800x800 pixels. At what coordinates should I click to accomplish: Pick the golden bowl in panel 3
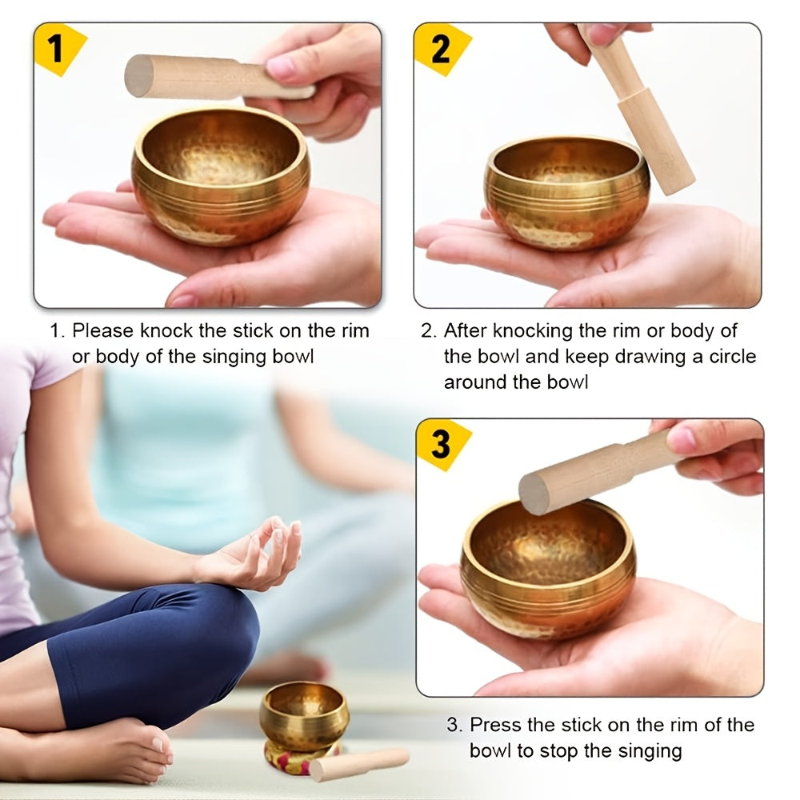[x=548, y=568]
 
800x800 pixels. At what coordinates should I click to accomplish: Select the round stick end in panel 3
[x=534, y=494]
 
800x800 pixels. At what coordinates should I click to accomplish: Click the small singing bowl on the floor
[x=304, y=712]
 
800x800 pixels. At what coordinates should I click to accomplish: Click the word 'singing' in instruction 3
[x=649, y=751]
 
